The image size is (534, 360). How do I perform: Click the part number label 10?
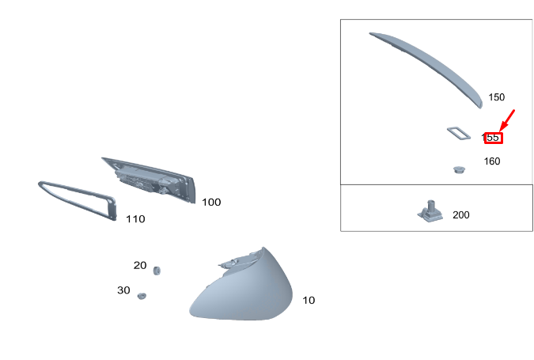pos(309,301)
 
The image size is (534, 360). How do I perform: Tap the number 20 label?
pos(140,265)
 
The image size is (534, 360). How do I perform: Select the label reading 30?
pos(123,290)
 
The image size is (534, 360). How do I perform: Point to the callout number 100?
pos(211,203)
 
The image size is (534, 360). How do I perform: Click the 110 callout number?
pos(135,219)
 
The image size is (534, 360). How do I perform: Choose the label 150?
pos(497,97)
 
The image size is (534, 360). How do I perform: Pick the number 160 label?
pos(492,161)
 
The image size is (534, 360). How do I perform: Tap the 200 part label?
pos(461,215)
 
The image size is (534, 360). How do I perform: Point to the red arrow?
pos(507,120)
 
